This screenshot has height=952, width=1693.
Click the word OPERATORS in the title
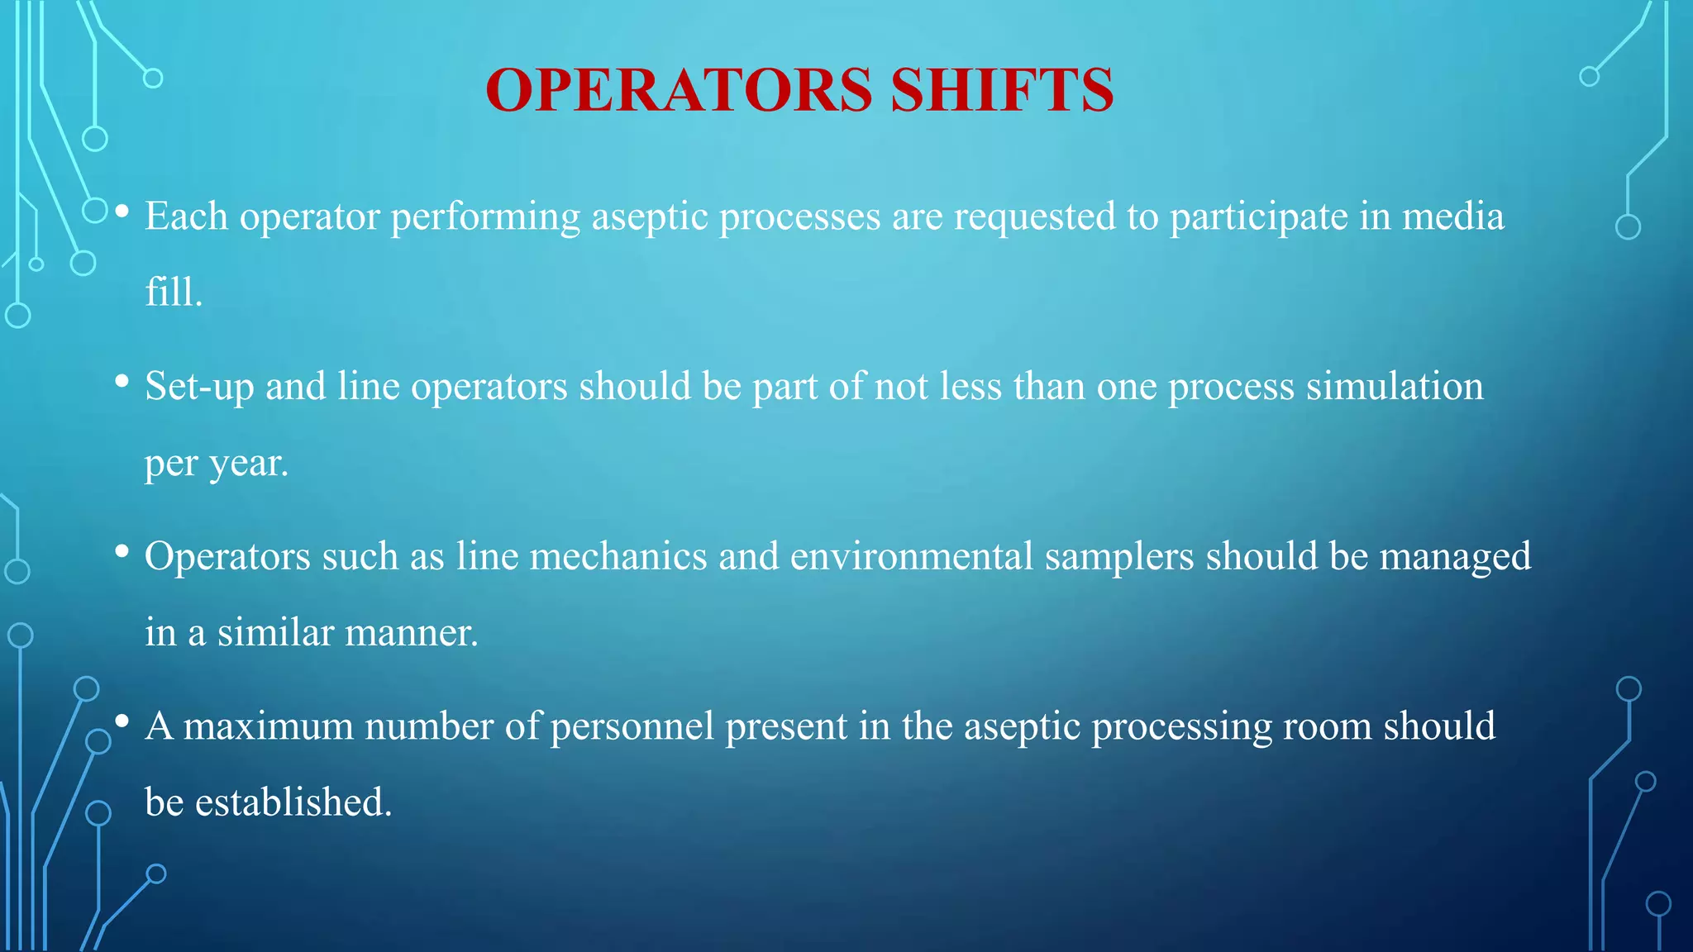coord(679,90)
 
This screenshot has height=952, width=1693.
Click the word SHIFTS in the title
coord(1002,90)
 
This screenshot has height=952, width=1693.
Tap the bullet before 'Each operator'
coord(122,212)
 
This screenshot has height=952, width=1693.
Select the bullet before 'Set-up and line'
coord(122,382)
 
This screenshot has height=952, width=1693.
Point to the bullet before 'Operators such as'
coord(122,552)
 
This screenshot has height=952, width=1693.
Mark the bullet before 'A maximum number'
coord(122,722)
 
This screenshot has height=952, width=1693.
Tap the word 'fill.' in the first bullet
coord(174,293)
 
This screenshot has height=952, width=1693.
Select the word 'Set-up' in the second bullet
coord(199,387)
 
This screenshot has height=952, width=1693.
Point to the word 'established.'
coord(293,802)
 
